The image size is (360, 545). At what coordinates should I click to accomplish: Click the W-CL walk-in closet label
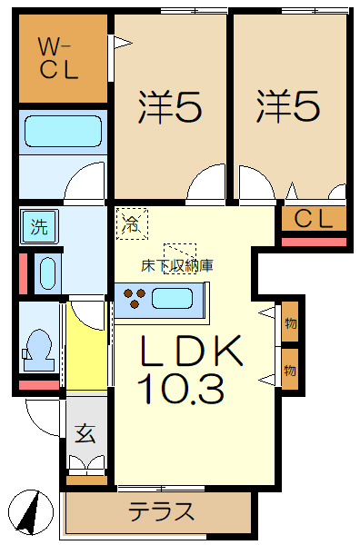[58, 58]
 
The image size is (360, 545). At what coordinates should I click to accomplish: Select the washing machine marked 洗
[39, 226]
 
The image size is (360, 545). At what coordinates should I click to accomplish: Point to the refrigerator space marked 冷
[132, 223]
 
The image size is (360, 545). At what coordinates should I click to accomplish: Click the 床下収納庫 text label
[177, 266]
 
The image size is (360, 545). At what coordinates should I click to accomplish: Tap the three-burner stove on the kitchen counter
[135, 298]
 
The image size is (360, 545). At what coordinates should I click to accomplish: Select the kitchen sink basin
[172, 298]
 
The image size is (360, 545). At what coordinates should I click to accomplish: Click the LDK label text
[191, 351]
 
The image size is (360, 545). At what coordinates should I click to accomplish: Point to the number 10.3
[181, 389]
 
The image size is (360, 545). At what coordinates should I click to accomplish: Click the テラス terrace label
[162, 511]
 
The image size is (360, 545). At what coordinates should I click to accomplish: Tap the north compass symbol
[31, 511]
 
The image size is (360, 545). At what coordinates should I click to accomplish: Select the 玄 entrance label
[85, 433]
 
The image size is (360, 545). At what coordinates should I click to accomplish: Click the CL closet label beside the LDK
[314, 219]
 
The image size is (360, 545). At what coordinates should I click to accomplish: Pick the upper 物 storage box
[290, 322]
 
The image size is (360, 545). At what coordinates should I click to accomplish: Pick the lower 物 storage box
[290, 369]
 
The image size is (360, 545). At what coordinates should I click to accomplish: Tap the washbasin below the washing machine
[48, 273]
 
